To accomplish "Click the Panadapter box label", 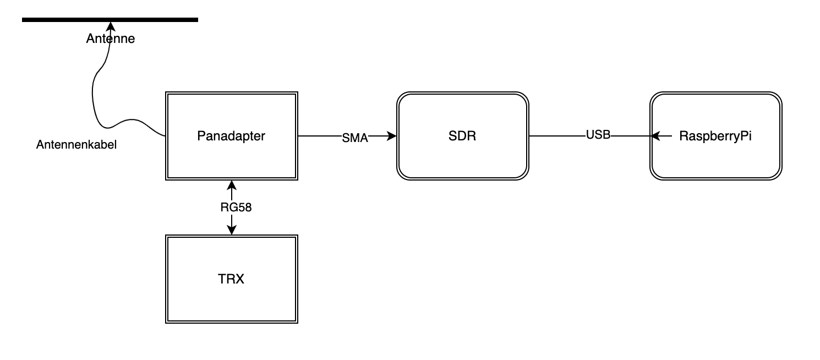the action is (231, 136).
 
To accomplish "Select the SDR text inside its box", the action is (462, 136).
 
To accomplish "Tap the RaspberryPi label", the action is (715, 136).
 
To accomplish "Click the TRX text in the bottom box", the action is (231, 279).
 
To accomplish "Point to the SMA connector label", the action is (355, 138).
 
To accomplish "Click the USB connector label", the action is (598, 135).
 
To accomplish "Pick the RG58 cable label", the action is (236, 208).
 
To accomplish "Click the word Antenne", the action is (110, 39).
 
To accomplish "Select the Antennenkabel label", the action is (76, 145).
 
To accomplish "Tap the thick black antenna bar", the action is (110, 20).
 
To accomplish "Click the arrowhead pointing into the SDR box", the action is (392, 136).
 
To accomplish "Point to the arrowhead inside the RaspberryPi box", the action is (655, 136).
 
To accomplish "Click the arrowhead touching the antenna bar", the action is (111, 26).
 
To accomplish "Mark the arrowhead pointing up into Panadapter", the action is (231, 185).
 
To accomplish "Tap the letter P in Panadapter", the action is (201, 136).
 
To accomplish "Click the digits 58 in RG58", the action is (244, 208).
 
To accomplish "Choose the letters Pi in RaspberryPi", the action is (746, 136).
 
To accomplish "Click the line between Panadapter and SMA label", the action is (320, 136).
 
